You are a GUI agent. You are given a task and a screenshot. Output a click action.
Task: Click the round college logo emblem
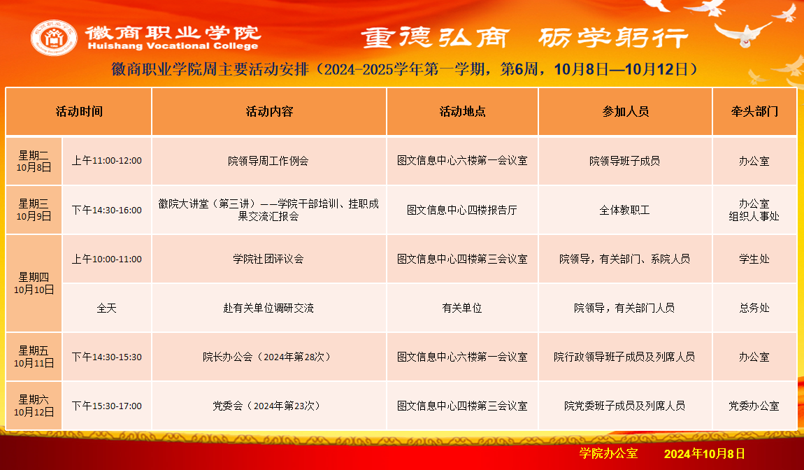tap(54, 38)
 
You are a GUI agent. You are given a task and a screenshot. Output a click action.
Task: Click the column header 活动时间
tap(79, 111)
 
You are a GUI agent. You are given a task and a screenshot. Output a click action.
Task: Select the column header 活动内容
tap(269, 111)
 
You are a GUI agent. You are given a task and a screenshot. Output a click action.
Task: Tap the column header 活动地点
tap(463, 111)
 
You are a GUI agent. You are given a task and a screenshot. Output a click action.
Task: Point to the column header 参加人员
tap(626, 111)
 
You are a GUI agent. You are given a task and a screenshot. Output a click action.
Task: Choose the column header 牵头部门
tap(754, 111)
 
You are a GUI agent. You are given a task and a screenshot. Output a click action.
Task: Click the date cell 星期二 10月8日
tap(34, 161)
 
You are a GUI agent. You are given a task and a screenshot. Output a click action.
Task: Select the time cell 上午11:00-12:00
tap(107, 161)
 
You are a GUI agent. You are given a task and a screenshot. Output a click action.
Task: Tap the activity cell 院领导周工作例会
tap(268, 161)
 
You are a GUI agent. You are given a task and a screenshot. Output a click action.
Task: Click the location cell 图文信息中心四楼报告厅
tap(462, 210)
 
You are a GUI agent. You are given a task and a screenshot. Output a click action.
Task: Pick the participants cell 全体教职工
tap(624, 210)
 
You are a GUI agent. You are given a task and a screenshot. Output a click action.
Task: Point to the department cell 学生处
tap(754, 259)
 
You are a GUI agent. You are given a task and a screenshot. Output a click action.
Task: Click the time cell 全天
tap(107, 308)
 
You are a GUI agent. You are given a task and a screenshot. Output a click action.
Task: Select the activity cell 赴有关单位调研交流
tap(268, 308)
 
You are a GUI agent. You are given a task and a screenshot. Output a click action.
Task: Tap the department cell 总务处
tap(754, 308)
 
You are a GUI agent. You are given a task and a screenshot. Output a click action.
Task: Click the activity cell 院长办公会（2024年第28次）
tap(268, 357)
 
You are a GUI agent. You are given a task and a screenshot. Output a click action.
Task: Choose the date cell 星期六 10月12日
tap(34, 406)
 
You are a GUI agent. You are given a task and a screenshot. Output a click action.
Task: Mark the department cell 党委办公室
tap(754, 406)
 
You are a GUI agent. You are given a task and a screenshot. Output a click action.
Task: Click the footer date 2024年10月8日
tap(705, 454)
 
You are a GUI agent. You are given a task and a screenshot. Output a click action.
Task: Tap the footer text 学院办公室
tap(609, 453)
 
